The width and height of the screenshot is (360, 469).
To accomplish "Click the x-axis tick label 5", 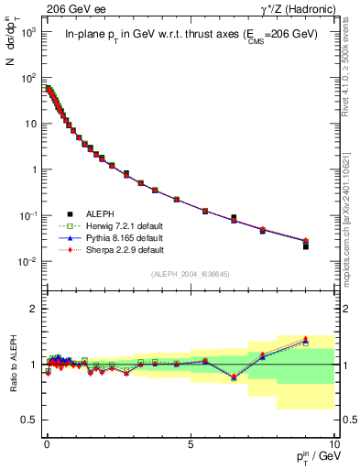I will coord(191,443).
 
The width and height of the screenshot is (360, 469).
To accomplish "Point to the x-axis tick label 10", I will coord(334,443).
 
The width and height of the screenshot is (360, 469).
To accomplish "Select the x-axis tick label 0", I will coord(47,443).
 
